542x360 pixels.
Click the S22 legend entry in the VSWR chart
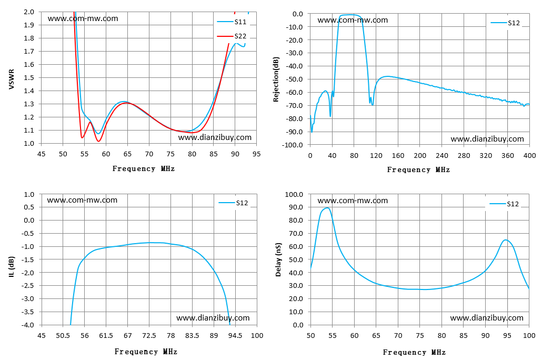pyautogui.click(x=232, y=36)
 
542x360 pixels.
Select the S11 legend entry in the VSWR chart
pyautogui.click(x=232, y=22)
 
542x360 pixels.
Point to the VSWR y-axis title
pyautogui.click(x=12, y=79)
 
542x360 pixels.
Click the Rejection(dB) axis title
pyautogui.click(x=276, y=79)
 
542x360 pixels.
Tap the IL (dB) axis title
pyautogui.click(x=12, y=267)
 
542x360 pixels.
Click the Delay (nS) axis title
pyautogui.click(x=278, y=259)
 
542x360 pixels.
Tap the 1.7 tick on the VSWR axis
pyautogui.click(x=29, y=51)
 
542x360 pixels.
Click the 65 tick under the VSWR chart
pyautogui.click(x=127, y=154)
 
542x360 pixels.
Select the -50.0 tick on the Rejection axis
pyautogui.click(x=293, y=79)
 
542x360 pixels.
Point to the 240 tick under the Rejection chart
pyautogui.click(x=442, y=156)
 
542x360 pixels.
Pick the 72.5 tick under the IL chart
pyautogui.click(x=149, y=335)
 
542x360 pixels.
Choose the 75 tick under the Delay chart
pyautogui.click(x=420, y=335)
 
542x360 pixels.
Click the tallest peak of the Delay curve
pyautogui.click(x=327, y=208)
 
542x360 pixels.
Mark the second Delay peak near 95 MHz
pyautogui.click(x=505, y=239)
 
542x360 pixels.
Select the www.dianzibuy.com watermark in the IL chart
pyautogui.click(x=213, y=318)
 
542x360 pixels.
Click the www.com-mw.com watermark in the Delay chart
pyautogui.click(x=353, y=201)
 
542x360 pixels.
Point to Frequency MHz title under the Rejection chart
pyautogui.click(x=418, y=170)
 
